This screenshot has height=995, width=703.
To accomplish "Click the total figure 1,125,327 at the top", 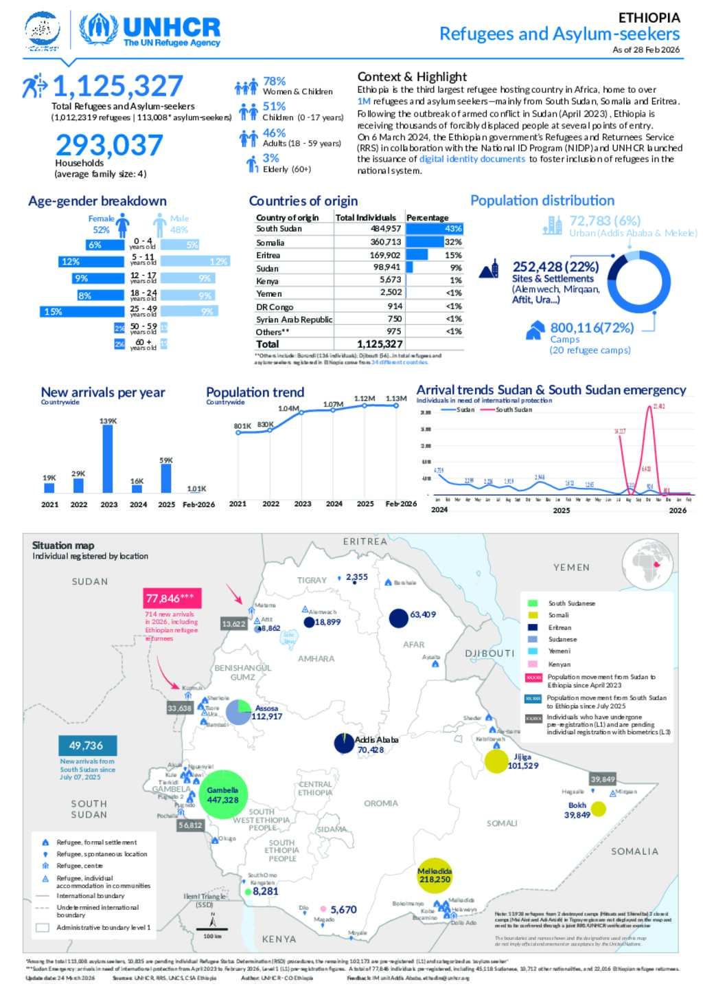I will pyautogui.click(x=117, y=87).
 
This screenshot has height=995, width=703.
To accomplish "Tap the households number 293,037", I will pyautogui.click(x=109, y=145).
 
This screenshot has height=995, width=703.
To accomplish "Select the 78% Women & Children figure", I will pyautogui.click(x=275, y=81).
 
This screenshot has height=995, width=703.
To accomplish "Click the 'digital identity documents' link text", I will pyautogui.click(x=472, y=159).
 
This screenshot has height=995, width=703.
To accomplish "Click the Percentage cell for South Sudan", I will pyautogui.click(x=435, y=229).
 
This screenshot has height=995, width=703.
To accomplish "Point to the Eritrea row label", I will pyautogui.click(x=268, y=255).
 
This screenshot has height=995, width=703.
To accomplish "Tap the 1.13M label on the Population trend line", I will pyautogui.click(x=396, y=399).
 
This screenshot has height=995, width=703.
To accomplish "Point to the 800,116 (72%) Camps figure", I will pyautogui.click(x=592, y=328).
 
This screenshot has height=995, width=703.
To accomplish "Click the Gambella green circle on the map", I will pyautogui.click(x=222, y=795).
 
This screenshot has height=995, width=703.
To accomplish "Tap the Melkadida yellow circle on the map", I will pyautogui.click(x=435, y=875).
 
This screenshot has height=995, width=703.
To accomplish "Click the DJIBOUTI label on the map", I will pyautogui.click(x=489, y=653).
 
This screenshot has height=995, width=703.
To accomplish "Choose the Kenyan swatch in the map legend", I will pyautogui.click(x=533, y=664).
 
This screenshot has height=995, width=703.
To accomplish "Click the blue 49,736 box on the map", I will pyautogui.click(x=87, y=746).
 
